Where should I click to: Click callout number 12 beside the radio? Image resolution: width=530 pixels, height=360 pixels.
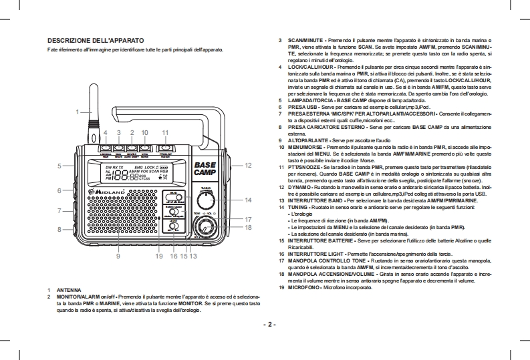tap(247, 164)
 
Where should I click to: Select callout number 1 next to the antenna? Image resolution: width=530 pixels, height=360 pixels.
tap(78, 111)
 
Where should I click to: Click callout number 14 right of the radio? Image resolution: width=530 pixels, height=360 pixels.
tap(247, 200)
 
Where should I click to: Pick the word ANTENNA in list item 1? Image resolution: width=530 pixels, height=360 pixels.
tap(70, 290)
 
